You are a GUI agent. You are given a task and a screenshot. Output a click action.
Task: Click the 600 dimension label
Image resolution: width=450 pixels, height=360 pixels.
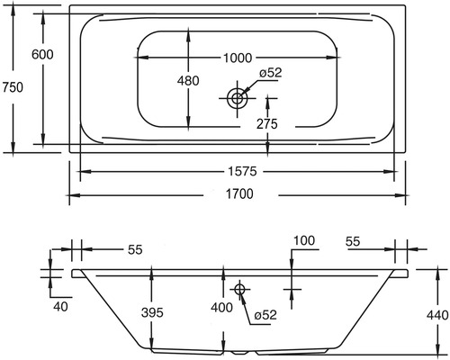[42, 54]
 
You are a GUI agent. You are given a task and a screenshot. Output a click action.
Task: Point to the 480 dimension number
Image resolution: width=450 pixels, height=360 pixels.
[187, 81]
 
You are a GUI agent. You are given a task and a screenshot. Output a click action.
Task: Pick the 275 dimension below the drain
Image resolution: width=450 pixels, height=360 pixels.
[265, 122]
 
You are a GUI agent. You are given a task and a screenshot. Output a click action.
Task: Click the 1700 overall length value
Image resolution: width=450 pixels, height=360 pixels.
[238, 193]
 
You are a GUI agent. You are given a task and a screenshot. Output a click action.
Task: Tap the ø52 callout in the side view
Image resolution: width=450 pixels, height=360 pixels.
[265, 315]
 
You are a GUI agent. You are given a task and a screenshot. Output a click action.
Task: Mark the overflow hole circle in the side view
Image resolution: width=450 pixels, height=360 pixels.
[239, 289]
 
